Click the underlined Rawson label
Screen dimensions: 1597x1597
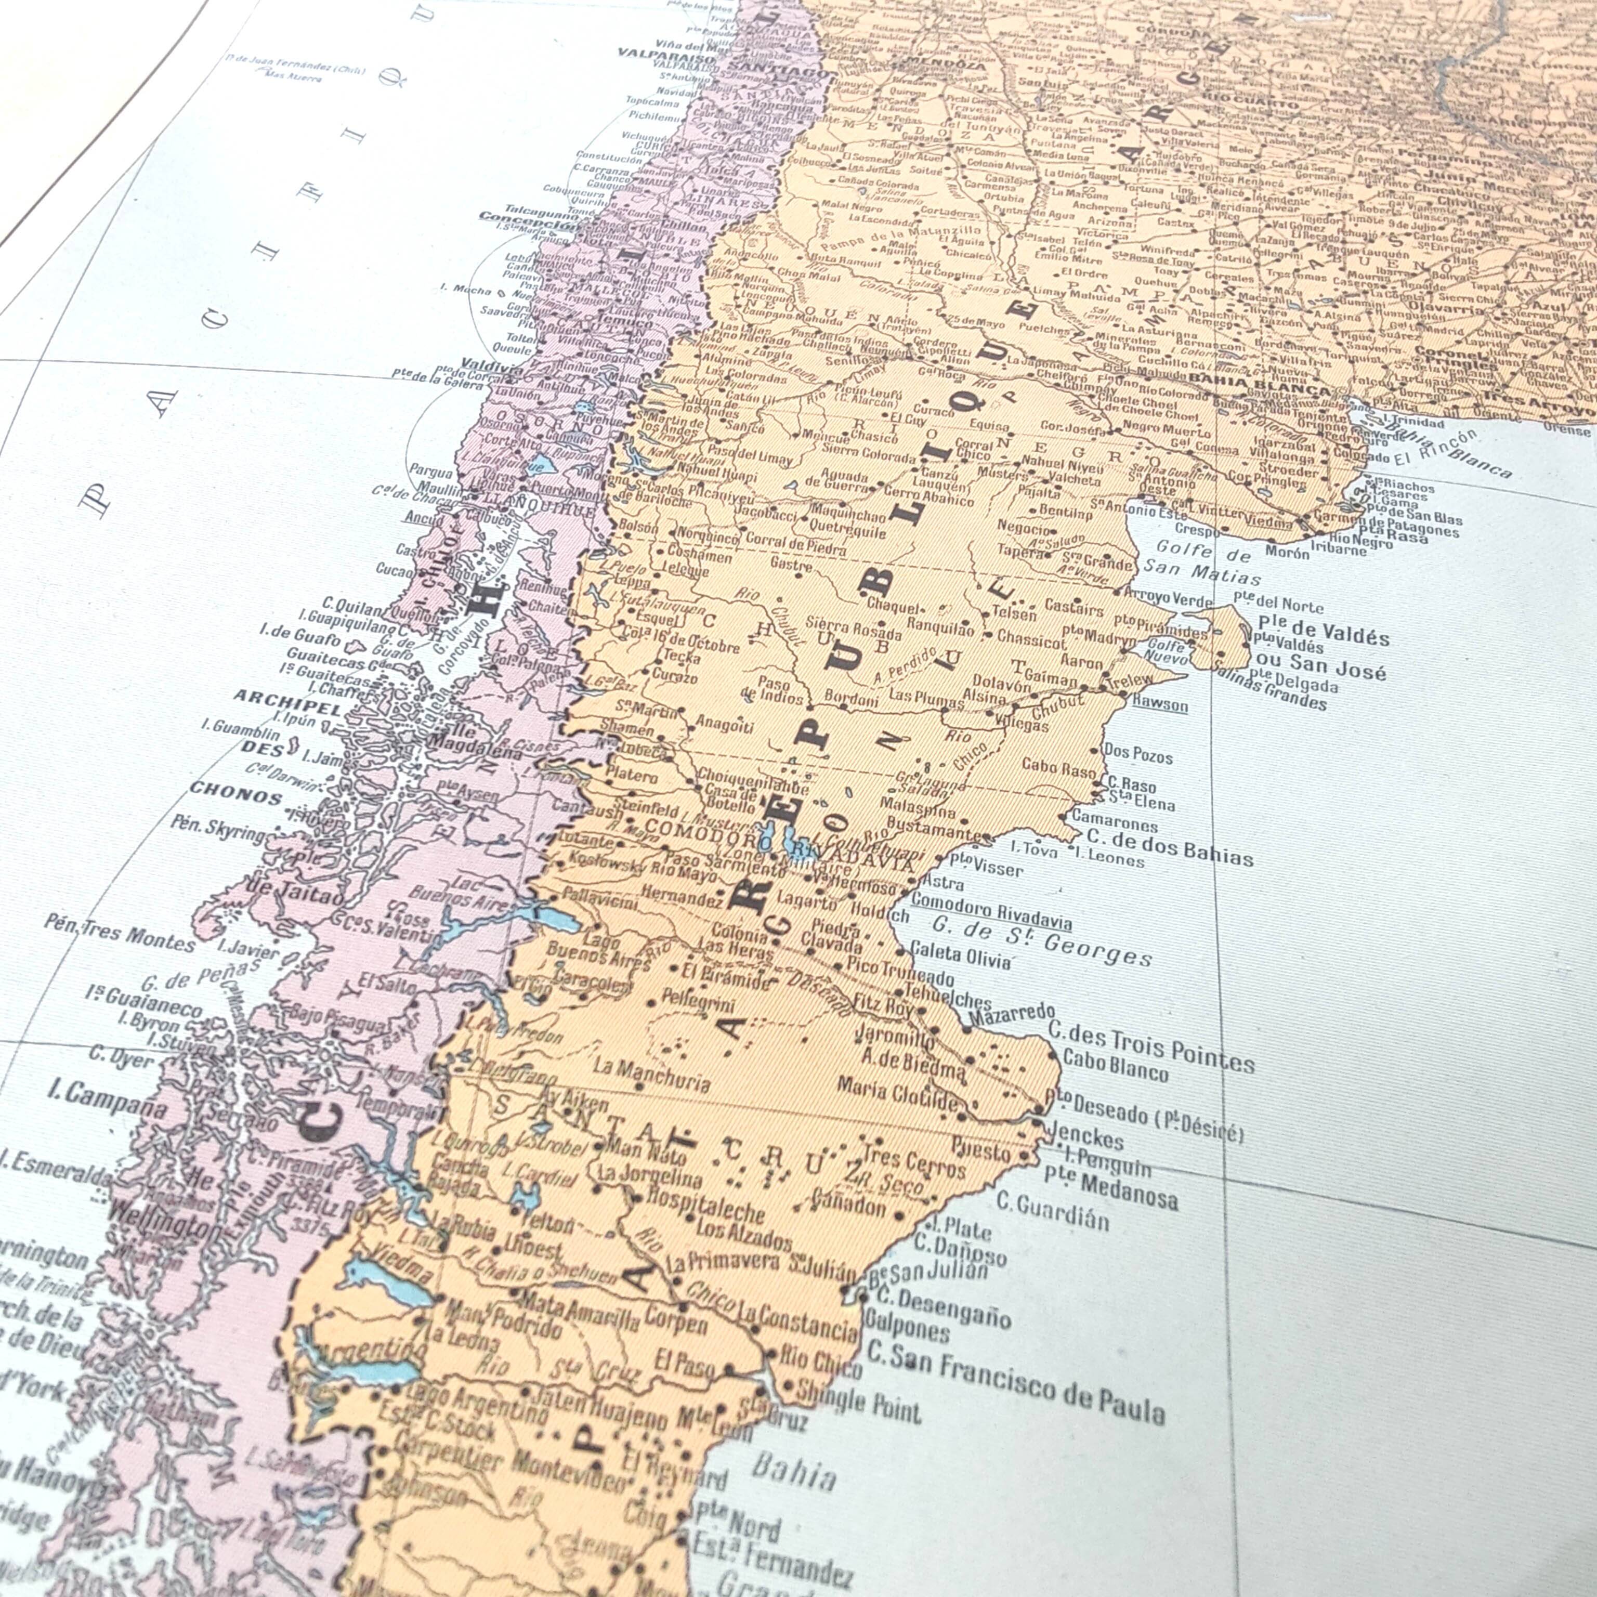point(1160,705)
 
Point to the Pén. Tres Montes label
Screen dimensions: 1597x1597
point(121,937)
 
